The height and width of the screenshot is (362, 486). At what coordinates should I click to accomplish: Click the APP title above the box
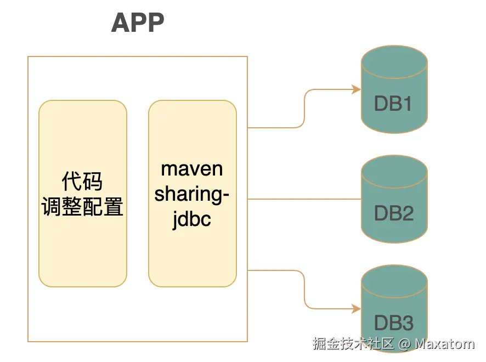(138, 23)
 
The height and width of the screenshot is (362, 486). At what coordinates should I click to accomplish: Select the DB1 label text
(393, 104)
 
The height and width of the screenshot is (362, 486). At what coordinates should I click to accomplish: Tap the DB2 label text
(393, 213)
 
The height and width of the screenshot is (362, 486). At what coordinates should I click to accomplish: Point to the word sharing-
(192, 194)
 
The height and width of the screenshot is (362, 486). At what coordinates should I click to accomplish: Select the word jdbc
(192, 220)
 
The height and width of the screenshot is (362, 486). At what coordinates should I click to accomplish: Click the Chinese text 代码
(82, 181)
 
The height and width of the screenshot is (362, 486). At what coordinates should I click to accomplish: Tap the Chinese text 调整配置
(82, 207)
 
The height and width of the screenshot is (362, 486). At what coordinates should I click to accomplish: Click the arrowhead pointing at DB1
(355, 89)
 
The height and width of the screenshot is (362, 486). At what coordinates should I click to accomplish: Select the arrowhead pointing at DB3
(355, 309)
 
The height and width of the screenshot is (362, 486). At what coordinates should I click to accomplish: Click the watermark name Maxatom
(444, 344)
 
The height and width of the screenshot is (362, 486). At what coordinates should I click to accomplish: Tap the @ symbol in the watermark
(404, 344)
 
